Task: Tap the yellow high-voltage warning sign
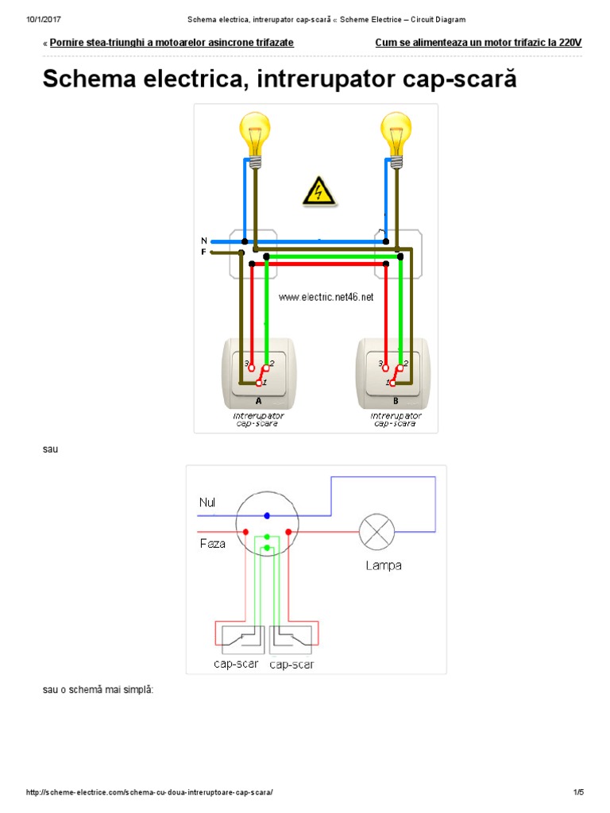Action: [319, 192]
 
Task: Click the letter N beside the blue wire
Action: [204, 241]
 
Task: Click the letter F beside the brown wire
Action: [204, 252]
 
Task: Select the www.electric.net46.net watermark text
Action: [326, 297]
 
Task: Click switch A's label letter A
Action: [259, 401]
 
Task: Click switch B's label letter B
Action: [396, 401]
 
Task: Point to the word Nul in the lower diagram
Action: [207, 503]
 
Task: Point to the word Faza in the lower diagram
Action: [212, 544]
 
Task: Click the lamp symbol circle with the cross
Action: [376, 532]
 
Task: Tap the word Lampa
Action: [384, 565]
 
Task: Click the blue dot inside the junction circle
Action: [267, 515]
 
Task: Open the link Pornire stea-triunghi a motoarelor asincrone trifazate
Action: [172, 43]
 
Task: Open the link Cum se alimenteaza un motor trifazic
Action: [478, 43]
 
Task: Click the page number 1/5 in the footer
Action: [578, 792]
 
